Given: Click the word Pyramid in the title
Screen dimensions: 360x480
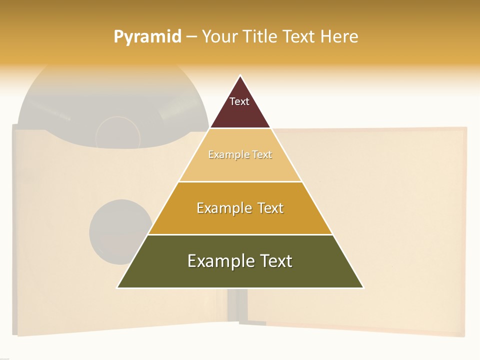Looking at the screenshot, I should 147,36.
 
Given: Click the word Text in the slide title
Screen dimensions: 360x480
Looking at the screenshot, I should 299,36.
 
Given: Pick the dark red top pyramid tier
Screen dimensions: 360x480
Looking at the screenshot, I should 240,115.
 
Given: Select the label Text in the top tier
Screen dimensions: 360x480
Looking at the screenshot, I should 239,101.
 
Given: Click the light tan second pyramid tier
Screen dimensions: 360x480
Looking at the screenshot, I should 240,167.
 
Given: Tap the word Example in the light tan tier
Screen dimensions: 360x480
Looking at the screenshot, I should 227,154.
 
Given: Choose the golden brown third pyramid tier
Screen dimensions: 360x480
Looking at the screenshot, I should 240,220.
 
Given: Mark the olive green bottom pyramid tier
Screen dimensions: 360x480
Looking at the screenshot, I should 240,275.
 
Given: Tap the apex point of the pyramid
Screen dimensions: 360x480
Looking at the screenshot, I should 240,75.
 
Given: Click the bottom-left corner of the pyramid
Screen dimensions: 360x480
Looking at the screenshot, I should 117,287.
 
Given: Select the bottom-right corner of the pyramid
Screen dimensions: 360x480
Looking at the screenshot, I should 363,287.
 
